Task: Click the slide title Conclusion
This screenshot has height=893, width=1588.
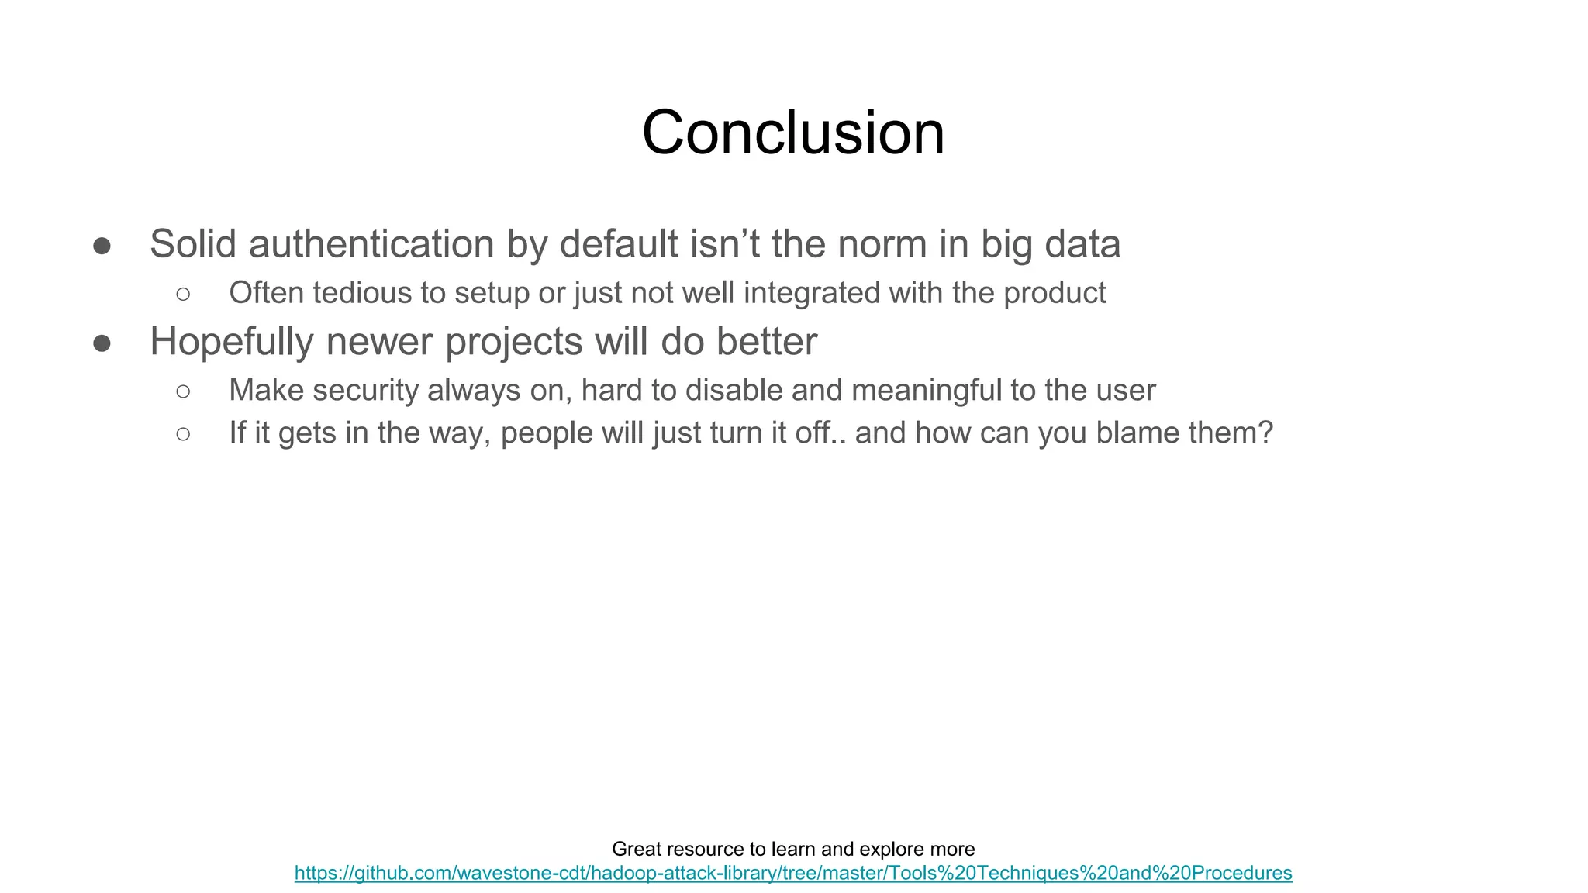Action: click(x=793, y=133)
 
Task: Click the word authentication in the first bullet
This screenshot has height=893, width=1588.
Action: click(x=371, y=245)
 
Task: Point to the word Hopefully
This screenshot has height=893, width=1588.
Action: click(x=231, y=342)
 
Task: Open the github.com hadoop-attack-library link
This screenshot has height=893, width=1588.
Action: click(x=793, y=873)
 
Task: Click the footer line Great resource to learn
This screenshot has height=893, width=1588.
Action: click(x=793, y=849)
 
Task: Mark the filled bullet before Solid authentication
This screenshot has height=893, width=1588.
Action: click(x=102, y=247)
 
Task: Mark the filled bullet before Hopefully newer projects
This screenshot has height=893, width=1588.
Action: click(x=102, y=343)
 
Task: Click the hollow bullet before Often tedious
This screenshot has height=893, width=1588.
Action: click(x=183, y=294)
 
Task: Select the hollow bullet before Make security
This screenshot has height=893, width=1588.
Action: click(x=183, y=391)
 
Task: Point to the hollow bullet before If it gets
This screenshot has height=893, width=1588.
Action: click(x=183, y=434)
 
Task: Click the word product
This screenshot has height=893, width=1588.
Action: click(x=1055, y=293)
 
